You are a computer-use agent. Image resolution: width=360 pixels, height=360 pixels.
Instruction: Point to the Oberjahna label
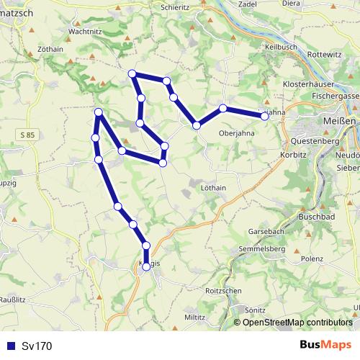pyautogui.click(x=237, y=133)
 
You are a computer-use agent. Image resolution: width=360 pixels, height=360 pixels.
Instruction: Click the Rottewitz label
pyautogui.click(x=325, y=54)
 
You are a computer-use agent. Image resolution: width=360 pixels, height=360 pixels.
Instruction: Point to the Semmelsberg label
pyautogui.click(x=261, y=248)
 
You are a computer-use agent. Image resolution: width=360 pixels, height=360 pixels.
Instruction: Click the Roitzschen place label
pyautogui.click(x=223, y=292)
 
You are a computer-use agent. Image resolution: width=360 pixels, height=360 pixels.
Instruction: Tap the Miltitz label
pyautogui.click(x=194, y=317)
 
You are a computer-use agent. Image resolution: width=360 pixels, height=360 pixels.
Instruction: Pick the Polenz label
pyautogui.click(x=312, y=258)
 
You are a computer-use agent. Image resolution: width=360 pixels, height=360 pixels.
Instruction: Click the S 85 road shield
pyautogui.click(x=27, y=135)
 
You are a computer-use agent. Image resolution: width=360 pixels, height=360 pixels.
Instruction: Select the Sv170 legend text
pyautogui.click(x=37, y=346)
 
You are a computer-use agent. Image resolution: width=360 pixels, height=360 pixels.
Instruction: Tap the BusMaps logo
pyautogui.click(x=325, y=346)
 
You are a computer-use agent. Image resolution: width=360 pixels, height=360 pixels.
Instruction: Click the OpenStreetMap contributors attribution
pyautogui.click(x=294, y=322)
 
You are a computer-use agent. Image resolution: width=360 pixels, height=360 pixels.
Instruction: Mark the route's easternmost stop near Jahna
pyautogui.click(x=265, y=115)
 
